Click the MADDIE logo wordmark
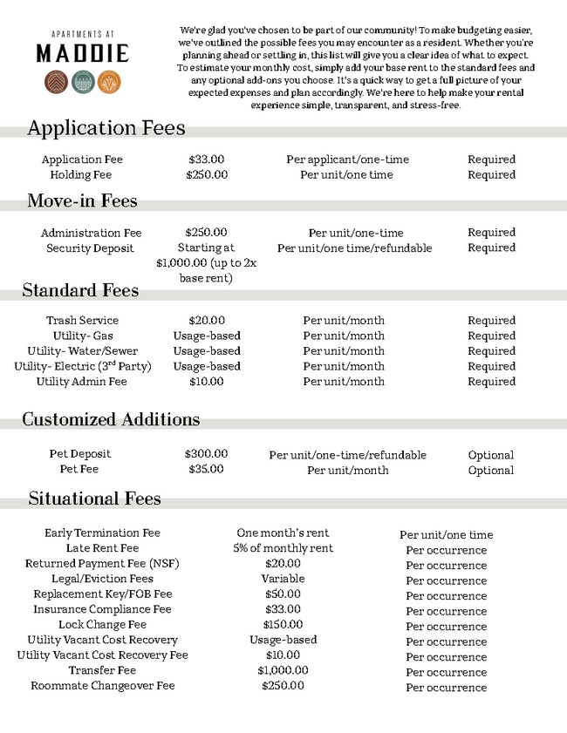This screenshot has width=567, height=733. pyautogui.click(x=82, y=53)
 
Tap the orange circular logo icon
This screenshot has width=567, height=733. pyautogui.click(x=108, y=81)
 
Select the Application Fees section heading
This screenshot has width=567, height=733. pyautogui.click(x=106, y=128)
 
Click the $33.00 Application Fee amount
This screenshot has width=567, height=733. pyautogui.click(x=207, y=159)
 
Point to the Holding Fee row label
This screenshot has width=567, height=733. pyautogui.click(x=81, y=174)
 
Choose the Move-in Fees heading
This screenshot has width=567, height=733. pyautogui.click(x=82, y=201)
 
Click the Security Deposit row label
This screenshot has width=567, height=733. pyautogui.click(x=90, y=248)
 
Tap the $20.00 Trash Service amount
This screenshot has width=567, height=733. pyautogui.click(x=207, y=321)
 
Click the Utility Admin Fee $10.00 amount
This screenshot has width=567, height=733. pyautogui.click(x=207, y=382)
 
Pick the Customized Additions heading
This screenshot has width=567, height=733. pyautogui.click(x=111, y=419)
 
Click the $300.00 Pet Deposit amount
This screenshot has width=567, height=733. pyautogui.click(x=207, y=454)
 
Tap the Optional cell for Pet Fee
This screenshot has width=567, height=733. pyautogui.click(x=491, y=470)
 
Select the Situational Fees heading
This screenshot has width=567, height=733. pyautogui.click(x=94, y=499)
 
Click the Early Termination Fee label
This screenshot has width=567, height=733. pyautogui.click(x=103, y=533)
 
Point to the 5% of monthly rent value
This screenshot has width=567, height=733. pyautogui.click(x=283, y=548)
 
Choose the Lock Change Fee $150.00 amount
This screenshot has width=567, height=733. pyautogui.click(x=283, y=625)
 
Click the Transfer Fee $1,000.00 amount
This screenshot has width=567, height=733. pyautogui.click(x=283, y=670)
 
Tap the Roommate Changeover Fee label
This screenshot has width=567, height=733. pyautogui.click(x=103, y=686)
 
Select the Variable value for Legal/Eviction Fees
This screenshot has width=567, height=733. pyautogui.click(x=283, y=579)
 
